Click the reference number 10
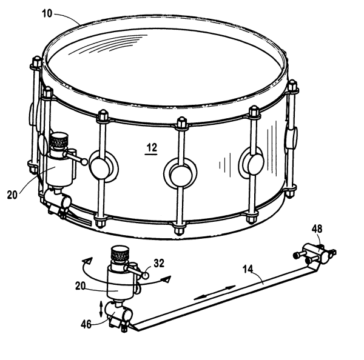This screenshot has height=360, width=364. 47,13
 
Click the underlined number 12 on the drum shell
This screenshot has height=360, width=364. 152,147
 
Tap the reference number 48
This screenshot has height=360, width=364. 317,228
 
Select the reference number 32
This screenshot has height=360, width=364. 159,263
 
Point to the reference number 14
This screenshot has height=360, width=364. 248,269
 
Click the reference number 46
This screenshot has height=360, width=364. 86,324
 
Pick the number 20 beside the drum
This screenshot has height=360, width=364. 12,195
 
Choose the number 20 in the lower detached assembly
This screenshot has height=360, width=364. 81,286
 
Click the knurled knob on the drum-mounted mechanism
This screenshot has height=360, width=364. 59,139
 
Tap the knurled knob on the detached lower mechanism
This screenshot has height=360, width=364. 120,253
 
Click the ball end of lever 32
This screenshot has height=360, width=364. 146,275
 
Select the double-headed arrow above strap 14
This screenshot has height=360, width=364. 215,293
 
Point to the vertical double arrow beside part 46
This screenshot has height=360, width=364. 101,308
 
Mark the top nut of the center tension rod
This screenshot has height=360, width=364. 182,123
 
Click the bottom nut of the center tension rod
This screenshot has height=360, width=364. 179,228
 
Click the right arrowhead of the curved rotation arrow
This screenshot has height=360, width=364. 167,279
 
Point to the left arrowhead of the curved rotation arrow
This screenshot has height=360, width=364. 88,261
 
